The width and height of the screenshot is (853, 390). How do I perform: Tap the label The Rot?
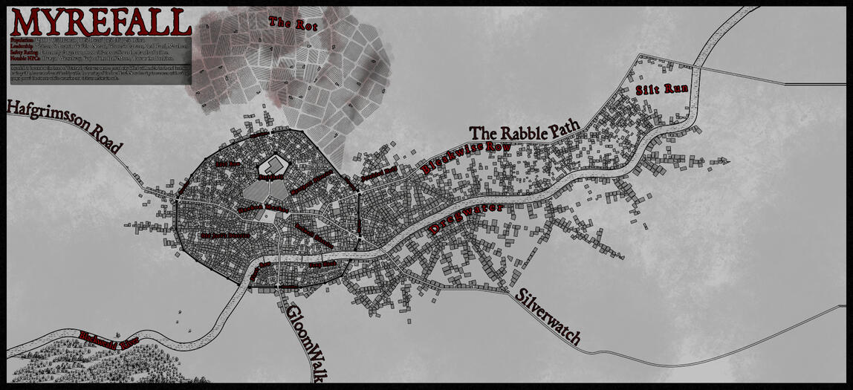click(x=293, y=23)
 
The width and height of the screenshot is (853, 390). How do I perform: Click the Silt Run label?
click(x=661, y=89)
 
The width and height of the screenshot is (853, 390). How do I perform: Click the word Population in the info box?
click(x=22, y=39)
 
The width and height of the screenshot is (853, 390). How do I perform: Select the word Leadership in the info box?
click(x=22, y=46)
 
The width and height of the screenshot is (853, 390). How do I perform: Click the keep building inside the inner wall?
click(x=273, y=167)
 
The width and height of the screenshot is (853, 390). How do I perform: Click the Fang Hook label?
click(x=322, y=264)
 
